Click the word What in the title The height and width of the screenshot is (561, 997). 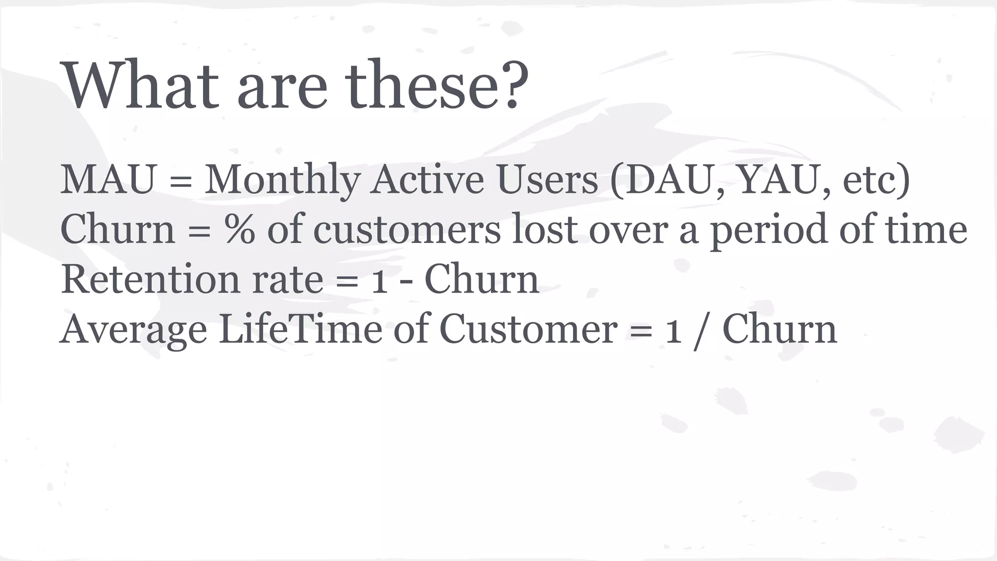click(x=142, y=85)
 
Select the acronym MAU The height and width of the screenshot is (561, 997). click(x=108, y=180)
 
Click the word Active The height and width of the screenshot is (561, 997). click(x=427, y=180)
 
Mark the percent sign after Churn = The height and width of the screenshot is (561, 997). click(x=240, y=229)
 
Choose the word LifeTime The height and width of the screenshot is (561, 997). click(x=300, y=329)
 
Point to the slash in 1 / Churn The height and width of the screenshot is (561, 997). click(x=701, y=330)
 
